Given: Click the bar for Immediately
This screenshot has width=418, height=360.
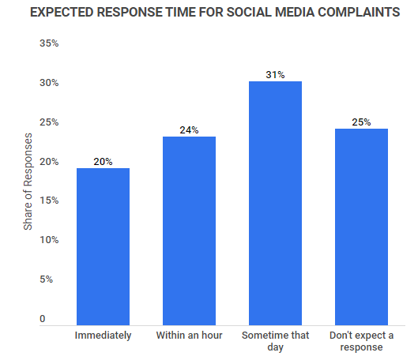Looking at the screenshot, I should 103,246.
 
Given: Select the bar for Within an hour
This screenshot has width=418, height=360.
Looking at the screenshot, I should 189,230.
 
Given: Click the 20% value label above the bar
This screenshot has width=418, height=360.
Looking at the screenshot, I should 103,162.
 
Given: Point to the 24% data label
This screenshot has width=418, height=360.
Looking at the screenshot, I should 189,130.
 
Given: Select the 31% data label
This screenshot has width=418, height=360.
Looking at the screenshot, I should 275,75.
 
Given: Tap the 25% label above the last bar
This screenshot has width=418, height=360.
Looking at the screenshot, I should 361,122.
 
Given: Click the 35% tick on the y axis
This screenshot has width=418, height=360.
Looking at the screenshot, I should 49,43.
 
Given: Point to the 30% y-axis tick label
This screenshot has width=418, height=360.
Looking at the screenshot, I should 49,83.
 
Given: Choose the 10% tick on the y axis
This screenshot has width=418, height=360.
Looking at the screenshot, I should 49,239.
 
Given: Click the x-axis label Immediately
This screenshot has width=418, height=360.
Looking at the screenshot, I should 103,336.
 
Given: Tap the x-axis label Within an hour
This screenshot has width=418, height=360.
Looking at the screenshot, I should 189,336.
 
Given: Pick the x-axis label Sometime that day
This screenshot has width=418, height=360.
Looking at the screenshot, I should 275,341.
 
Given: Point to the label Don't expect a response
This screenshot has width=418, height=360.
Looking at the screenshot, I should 361,341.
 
